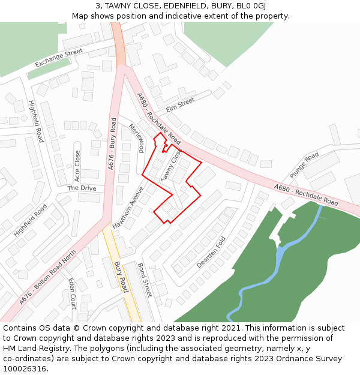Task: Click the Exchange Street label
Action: tap(58, 58)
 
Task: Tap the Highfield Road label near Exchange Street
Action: tap(36, 121)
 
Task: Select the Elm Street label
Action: tap(181, 105)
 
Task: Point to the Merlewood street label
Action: tap(137, 138)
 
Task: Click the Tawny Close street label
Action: tap(170, 164)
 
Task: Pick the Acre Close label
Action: tap(77, 166)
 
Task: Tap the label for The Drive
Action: tap(82, 188)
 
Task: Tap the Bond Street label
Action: tap(145, 280)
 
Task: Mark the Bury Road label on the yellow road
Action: tap(121, 277)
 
